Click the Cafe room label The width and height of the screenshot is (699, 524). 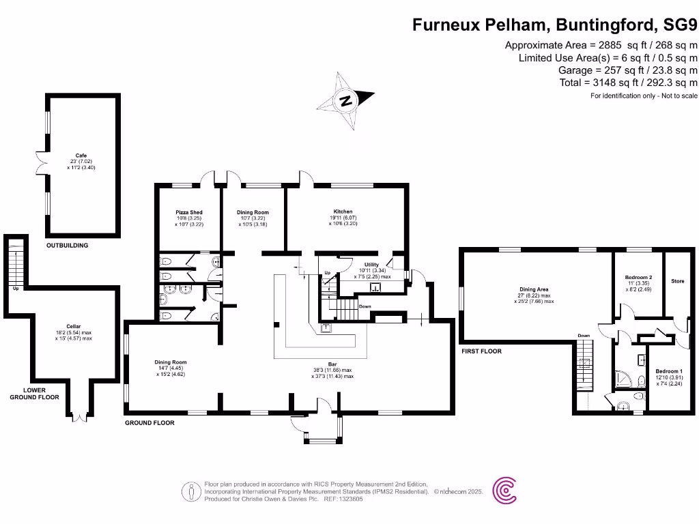tap(81, 155)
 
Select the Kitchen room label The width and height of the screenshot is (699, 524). tap(343, 212)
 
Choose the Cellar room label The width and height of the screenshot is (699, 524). tap(74, 326)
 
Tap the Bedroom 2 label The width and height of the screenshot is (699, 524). tap(638, 278)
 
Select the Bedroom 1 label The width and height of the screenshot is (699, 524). tap(672, 370)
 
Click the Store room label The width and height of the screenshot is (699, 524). tap(677, 281)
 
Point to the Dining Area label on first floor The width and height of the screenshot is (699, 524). tap(534, 289)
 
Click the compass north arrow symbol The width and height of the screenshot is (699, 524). tap(346, 101)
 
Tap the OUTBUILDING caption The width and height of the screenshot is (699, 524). tap(67, 245)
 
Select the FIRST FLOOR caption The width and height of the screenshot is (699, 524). tap(481, 351)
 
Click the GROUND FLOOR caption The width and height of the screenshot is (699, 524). tap(149, 423)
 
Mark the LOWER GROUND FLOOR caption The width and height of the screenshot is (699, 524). tap(35, 394)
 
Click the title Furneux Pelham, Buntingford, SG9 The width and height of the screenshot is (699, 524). tap(555, 25)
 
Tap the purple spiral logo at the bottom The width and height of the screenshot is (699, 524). tap(504, 491)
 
